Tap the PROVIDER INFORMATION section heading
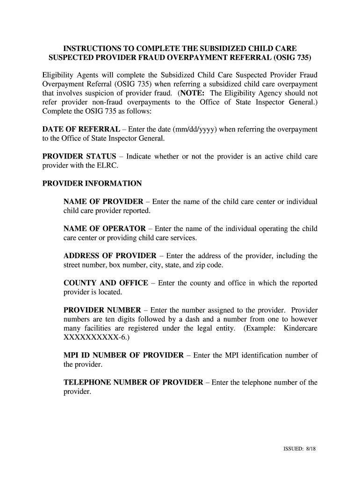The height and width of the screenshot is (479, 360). (x=92, y=183)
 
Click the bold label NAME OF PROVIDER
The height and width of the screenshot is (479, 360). (x=103, y=202)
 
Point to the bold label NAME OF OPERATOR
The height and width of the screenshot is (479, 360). (x=105, y=229)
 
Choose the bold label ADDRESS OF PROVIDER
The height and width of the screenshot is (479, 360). (x=110, y=256)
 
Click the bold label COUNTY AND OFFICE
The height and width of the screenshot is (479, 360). (x=106, y=283)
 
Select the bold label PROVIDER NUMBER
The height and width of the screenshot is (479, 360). (x=102, y=310)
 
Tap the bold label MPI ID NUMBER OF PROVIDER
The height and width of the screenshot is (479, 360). (x=123, y=356)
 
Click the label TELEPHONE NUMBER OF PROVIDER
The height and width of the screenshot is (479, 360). (x=133, y=383)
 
